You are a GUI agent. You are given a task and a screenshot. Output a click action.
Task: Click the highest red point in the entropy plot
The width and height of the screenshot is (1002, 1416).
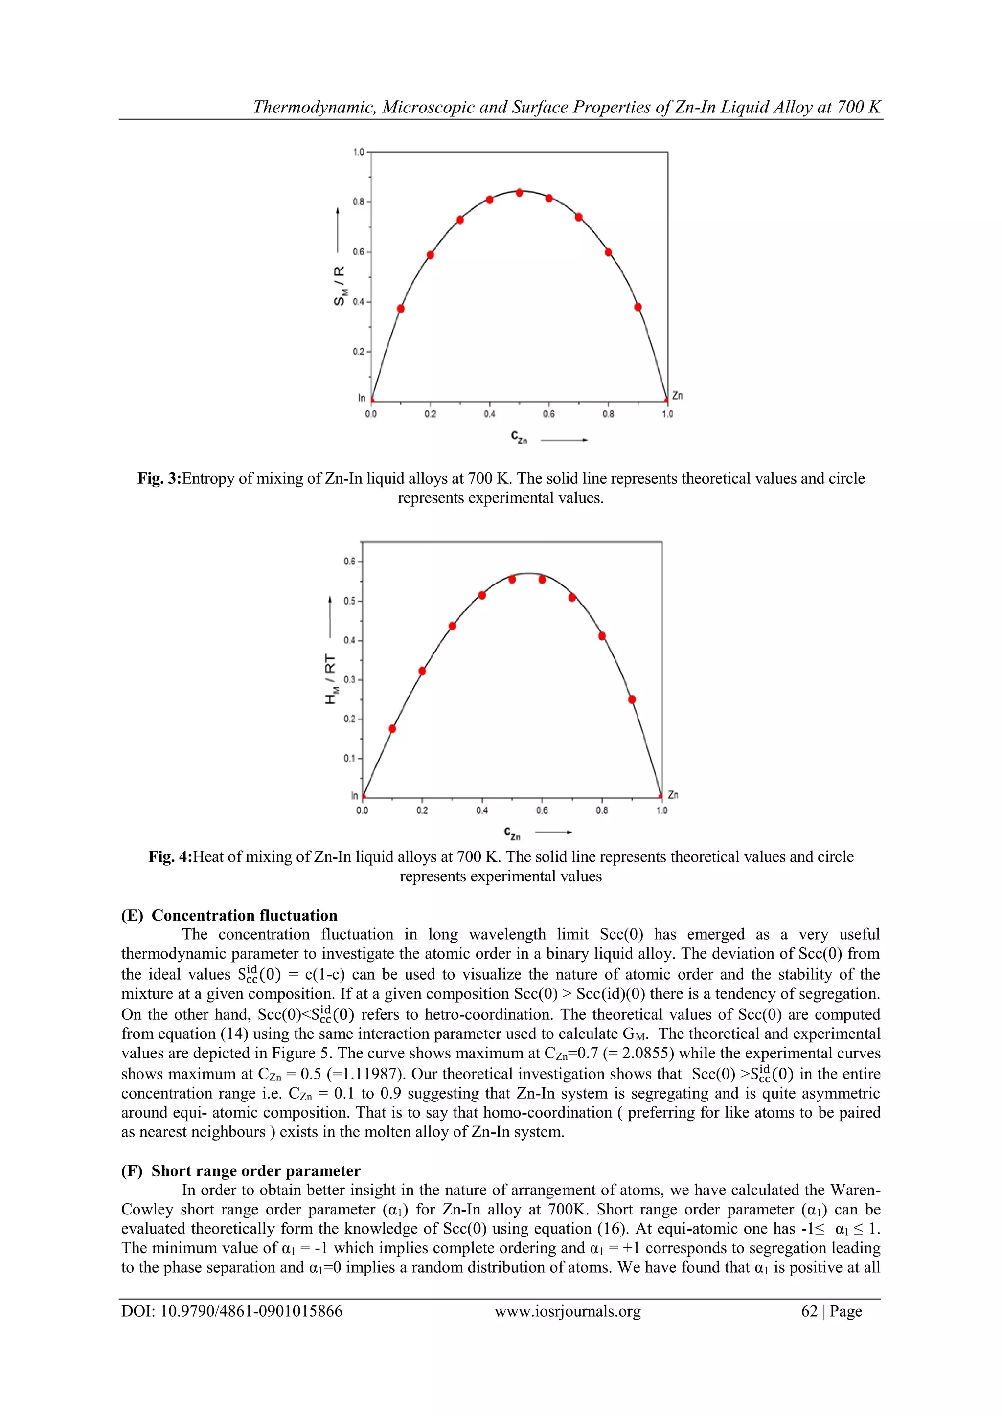(520, 192)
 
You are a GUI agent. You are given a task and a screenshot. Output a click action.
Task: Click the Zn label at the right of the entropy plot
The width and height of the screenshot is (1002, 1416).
(678, 395)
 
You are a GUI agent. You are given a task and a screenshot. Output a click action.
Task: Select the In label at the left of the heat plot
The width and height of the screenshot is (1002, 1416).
(355, 796)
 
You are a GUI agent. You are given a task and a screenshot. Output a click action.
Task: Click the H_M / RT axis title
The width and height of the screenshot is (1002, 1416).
(331, 679)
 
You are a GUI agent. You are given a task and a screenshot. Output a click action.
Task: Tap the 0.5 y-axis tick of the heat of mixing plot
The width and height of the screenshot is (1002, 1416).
(350, 601)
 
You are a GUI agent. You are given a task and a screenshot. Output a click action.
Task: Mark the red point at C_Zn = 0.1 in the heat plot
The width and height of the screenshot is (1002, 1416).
(392, 728)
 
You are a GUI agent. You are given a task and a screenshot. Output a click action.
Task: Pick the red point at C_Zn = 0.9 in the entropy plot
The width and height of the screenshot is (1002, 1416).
(638, 307)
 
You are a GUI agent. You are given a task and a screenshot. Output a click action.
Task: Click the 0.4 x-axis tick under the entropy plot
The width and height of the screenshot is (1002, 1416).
(489, 414)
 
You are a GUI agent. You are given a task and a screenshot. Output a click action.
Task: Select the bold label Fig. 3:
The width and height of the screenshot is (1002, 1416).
(159, 478)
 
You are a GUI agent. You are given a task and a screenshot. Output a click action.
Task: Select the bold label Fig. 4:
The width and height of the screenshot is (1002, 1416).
(170, 856)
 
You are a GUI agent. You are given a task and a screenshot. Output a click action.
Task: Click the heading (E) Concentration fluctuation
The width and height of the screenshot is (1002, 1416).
(229, 915)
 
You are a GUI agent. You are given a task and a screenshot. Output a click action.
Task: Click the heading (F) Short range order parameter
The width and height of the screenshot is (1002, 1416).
(241, 1171)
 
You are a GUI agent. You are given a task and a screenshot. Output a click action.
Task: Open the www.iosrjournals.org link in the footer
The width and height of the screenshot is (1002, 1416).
(568, 1311)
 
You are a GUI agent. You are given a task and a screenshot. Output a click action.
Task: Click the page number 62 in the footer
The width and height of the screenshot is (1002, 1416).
(809, 1311)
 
